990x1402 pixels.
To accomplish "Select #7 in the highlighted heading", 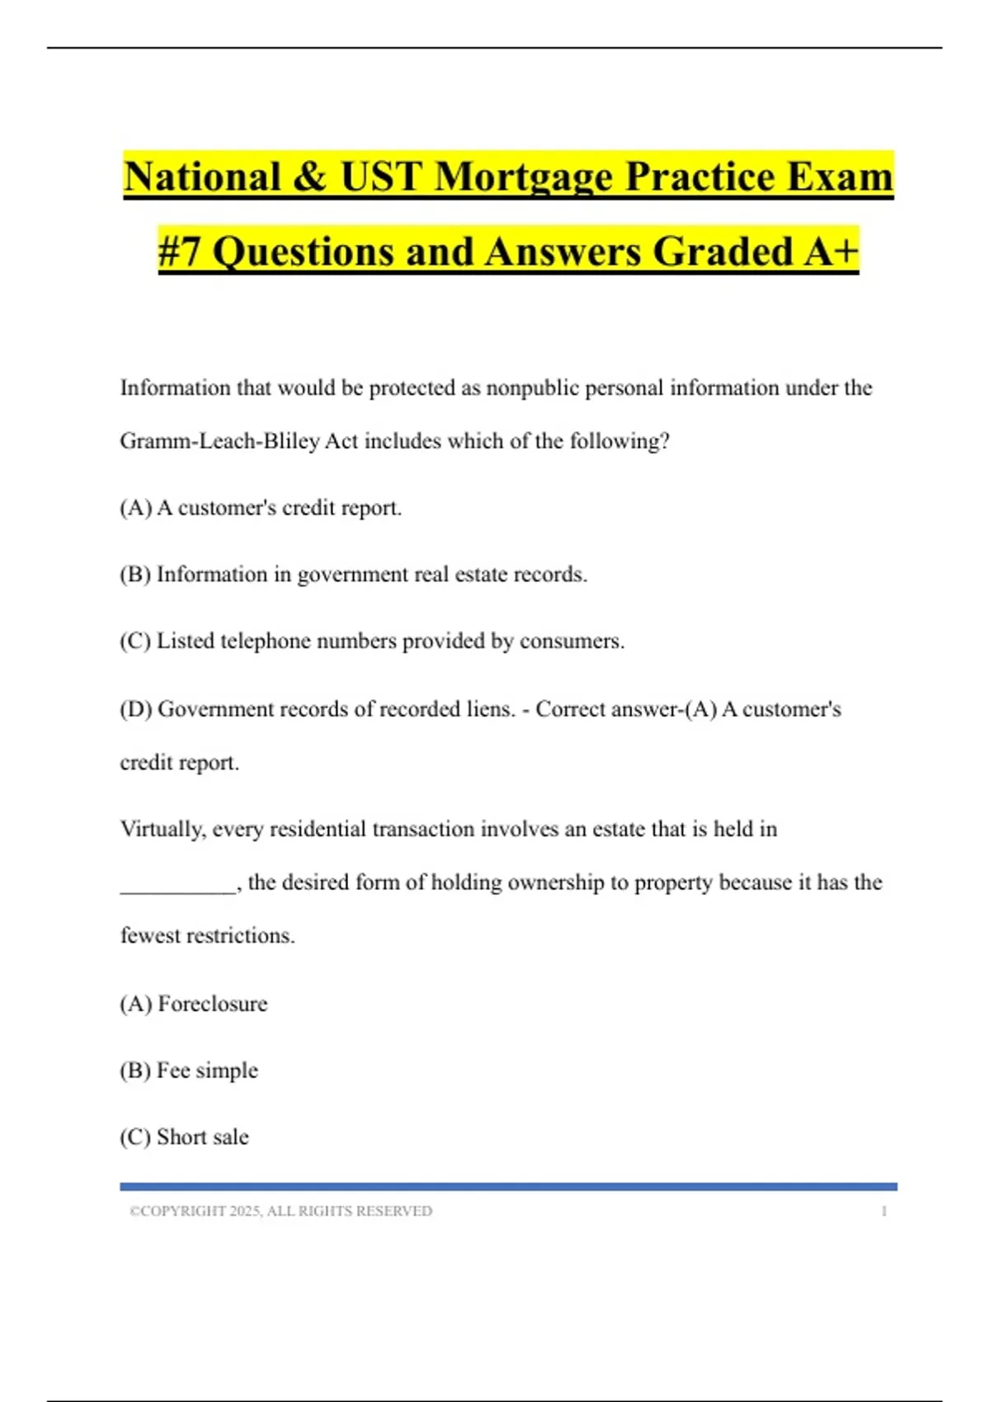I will pyautogui.click(x=179, y=252).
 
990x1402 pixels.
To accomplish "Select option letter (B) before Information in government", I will pyautogui.click(x=135, y=574).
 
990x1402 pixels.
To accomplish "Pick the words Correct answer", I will pyautogui.click(x=606, y=709).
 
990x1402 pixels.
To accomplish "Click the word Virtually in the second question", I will pyautogui.click(x=162, y=829).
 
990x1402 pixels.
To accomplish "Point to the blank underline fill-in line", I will pyautogui.click(x=177, y=889).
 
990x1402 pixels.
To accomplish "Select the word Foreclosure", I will pyautogui.click(x=213, y=1004).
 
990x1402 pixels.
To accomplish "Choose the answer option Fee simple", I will pyautogui.click(x=207, y=1070).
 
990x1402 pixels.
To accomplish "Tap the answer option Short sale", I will pyautogui.click(x=202, y=1137).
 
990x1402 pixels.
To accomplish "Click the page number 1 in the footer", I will pyautogui.click(x=884, y=1211).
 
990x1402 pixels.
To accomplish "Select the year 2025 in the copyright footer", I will pyautogui.click(x=244, y=1211).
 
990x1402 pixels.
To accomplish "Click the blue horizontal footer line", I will pyautogui.click(x=508, y=1187).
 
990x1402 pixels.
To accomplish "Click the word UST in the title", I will pyautogui.click(x=381, y=176).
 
